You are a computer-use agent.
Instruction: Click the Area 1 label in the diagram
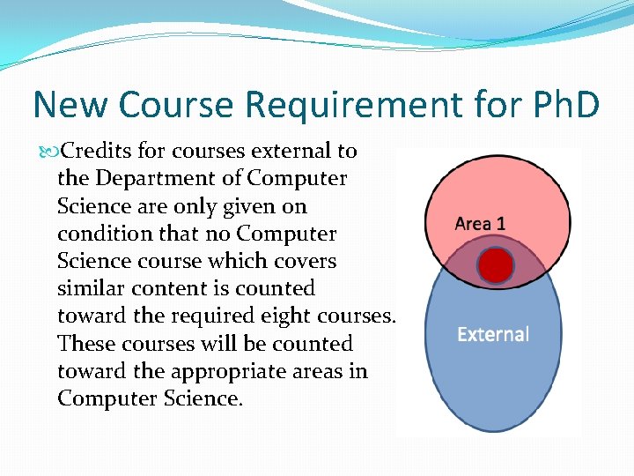(480, 224)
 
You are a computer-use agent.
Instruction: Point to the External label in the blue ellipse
(493, 335)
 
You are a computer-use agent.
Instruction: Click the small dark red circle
(495, 266)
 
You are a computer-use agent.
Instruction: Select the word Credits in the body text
(97, 151)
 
